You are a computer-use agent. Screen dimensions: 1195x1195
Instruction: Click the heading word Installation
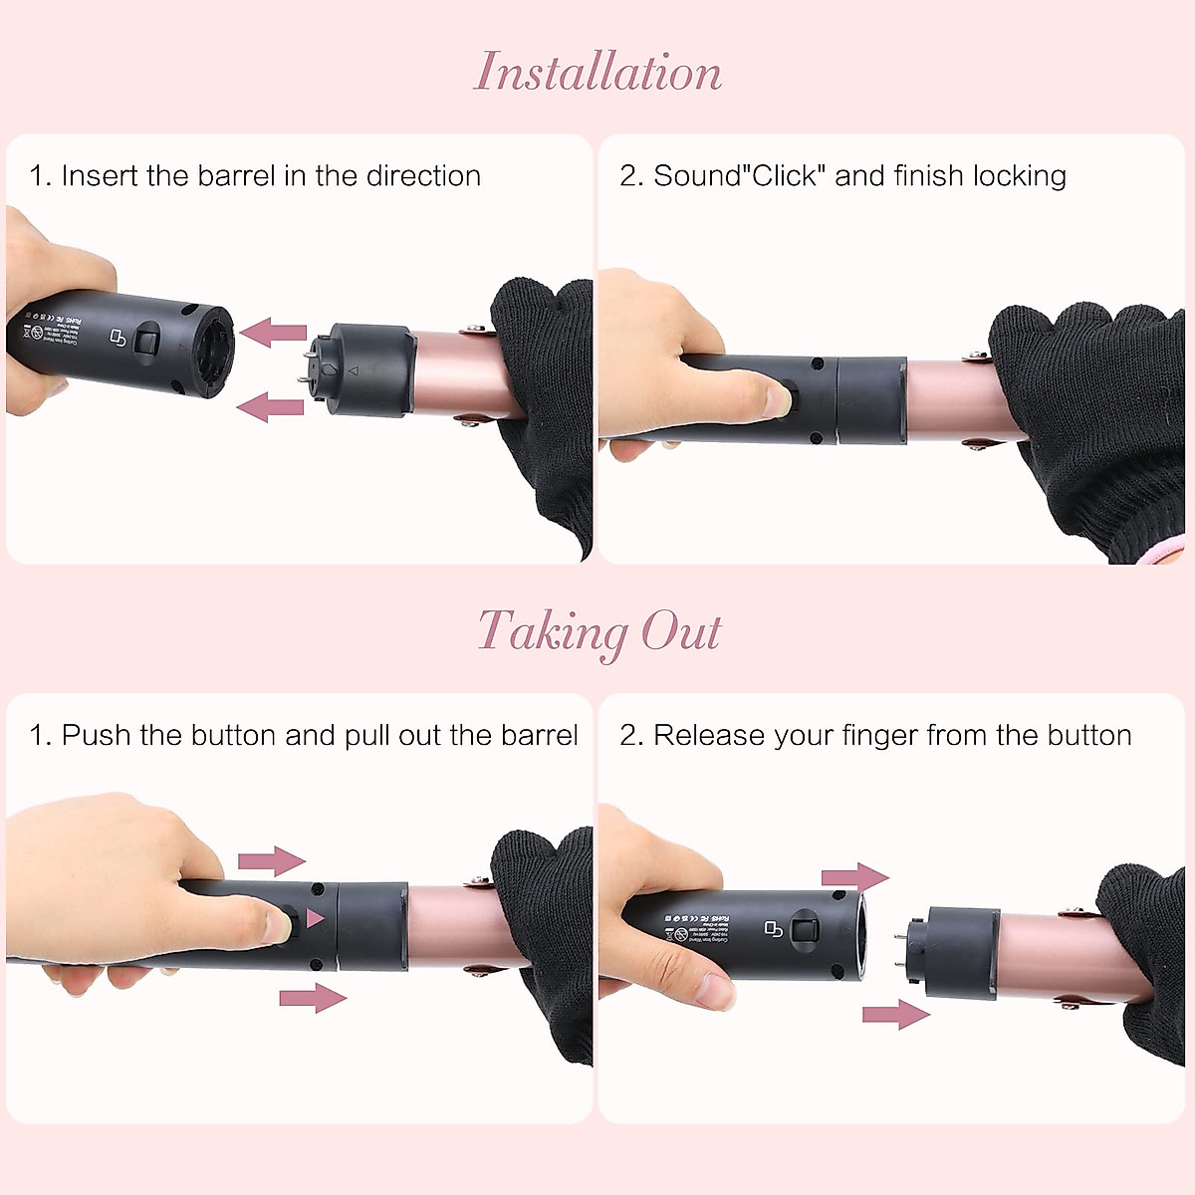coord(597,73)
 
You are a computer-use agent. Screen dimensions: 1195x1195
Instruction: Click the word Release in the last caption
coord(709,736)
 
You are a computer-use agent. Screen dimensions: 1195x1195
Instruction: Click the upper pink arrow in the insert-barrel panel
coord(274,332)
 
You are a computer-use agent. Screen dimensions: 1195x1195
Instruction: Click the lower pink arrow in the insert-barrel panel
coord(271,406)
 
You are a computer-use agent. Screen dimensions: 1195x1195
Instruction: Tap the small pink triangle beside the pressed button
coord(316,918)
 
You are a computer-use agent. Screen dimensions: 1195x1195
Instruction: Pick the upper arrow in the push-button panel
coord(272,860)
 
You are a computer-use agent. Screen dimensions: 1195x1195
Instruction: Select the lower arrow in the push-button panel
coord(313,997)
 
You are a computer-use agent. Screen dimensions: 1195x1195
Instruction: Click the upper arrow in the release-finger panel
coord(854,877)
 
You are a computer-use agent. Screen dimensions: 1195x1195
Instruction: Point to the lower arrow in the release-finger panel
coord(895,1015)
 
